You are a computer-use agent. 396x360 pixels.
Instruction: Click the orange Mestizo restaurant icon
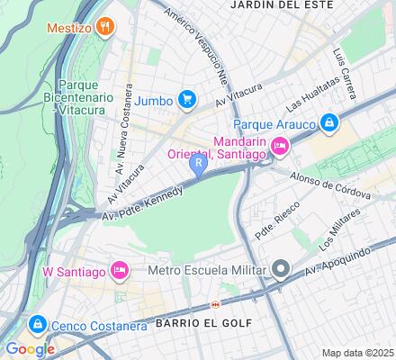[x=106, y=27]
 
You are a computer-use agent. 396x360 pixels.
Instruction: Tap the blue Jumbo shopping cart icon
[x=187, y=98]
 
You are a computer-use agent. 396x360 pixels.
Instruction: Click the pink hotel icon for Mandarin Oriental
[x=280, y=144]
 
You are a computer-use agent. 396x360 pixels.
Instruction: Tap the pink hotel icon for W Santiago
[x=119, y=270]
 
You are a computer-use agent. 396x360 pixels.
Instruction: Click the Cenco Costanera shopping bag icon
[x=37, y=324]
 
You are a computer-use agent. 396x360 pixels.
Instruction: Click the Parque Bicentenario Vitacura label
[x=78, y=96]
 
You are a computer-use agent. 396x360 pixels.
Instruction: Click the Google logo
[x=30, y=349]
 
